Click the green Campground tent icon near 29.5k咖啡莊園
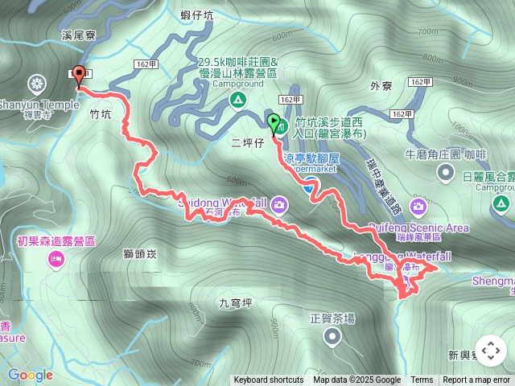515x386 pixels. tap(237, 100)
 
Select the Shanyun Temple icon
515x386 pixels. tap(36, 83)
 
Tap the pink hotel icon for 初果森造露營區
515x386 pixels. tap(56, 258)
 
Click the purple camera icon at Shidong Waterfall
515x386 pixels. tap(279, 203)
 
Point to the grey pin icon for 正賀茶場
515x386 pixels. tap(332, 338)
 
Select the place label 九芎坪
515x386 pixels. tap(236, 303)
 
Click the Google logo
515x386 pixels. tap(31, 375)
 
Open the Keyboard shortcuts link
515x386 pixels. tap(269, 380)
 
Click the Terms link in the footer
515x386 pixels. tap(422, 380)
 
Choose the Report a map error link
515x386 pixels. tap(476, 380)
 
